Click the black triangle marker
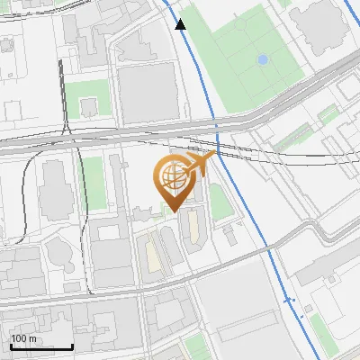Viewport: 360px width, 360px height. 181,24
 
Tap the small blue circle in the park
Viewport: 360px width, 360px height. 262,59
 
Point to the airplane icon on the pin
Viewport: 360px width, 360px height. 202,163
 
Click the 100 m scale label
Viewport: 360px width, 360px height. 23,338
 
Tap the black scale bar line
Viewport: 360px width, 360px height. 41,346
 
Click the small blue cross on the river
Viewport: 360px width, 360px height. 289,300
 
